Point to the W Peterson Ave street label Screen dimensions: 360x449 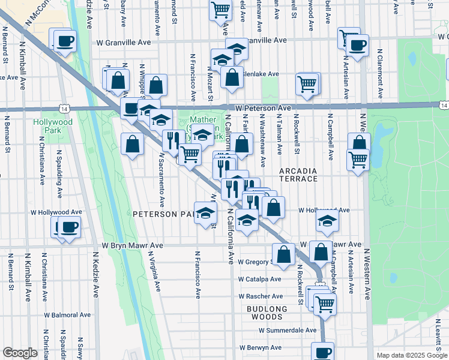(263, 108)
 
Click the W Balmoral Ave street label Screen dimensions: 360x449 (67, 314)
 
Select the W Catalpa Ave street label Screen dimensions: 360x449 (259, 279)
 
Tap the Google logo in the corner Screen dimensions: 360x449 (20, 353)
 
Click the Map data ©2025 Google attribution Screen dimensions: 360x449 (412, 355)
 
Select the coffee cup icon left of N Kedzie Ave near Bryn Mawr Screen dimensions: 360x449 (70, 227)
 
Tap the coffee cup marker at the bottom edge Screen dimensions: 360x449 (322, 352)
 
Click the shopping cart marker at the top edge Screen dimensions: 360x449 (221, 9)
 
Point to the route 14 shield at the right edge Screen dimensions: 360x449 (444, 105)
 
